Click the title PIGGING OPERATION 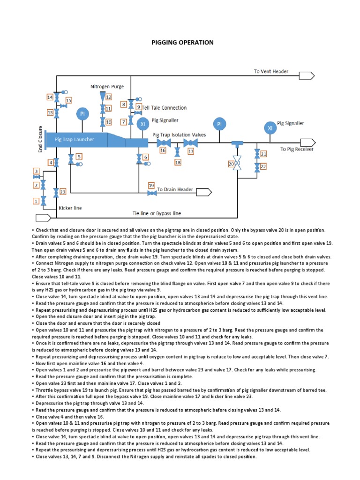point(182,43)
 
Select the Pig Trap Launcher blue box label point(74,139)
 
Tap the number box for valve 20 point(231,164)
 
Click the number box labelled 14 point(50,97)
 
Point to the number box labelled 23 point(63,191)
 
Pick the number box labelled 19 point(151,186)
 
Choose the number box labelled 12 point(108,97)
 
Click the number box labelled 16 point(163,150)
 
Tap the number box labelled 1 point(36,201)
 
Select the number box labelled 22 point(263,166)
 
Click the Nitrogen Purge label point(107,87)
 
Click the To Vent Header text point(271,72)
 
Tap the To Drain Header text point(175,189)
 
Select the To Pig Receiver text point(297,149)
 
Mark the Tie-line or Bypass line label point(157,213)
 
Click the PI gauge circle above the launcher point(82,114)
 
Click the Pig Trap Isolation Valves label point(179,135)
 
